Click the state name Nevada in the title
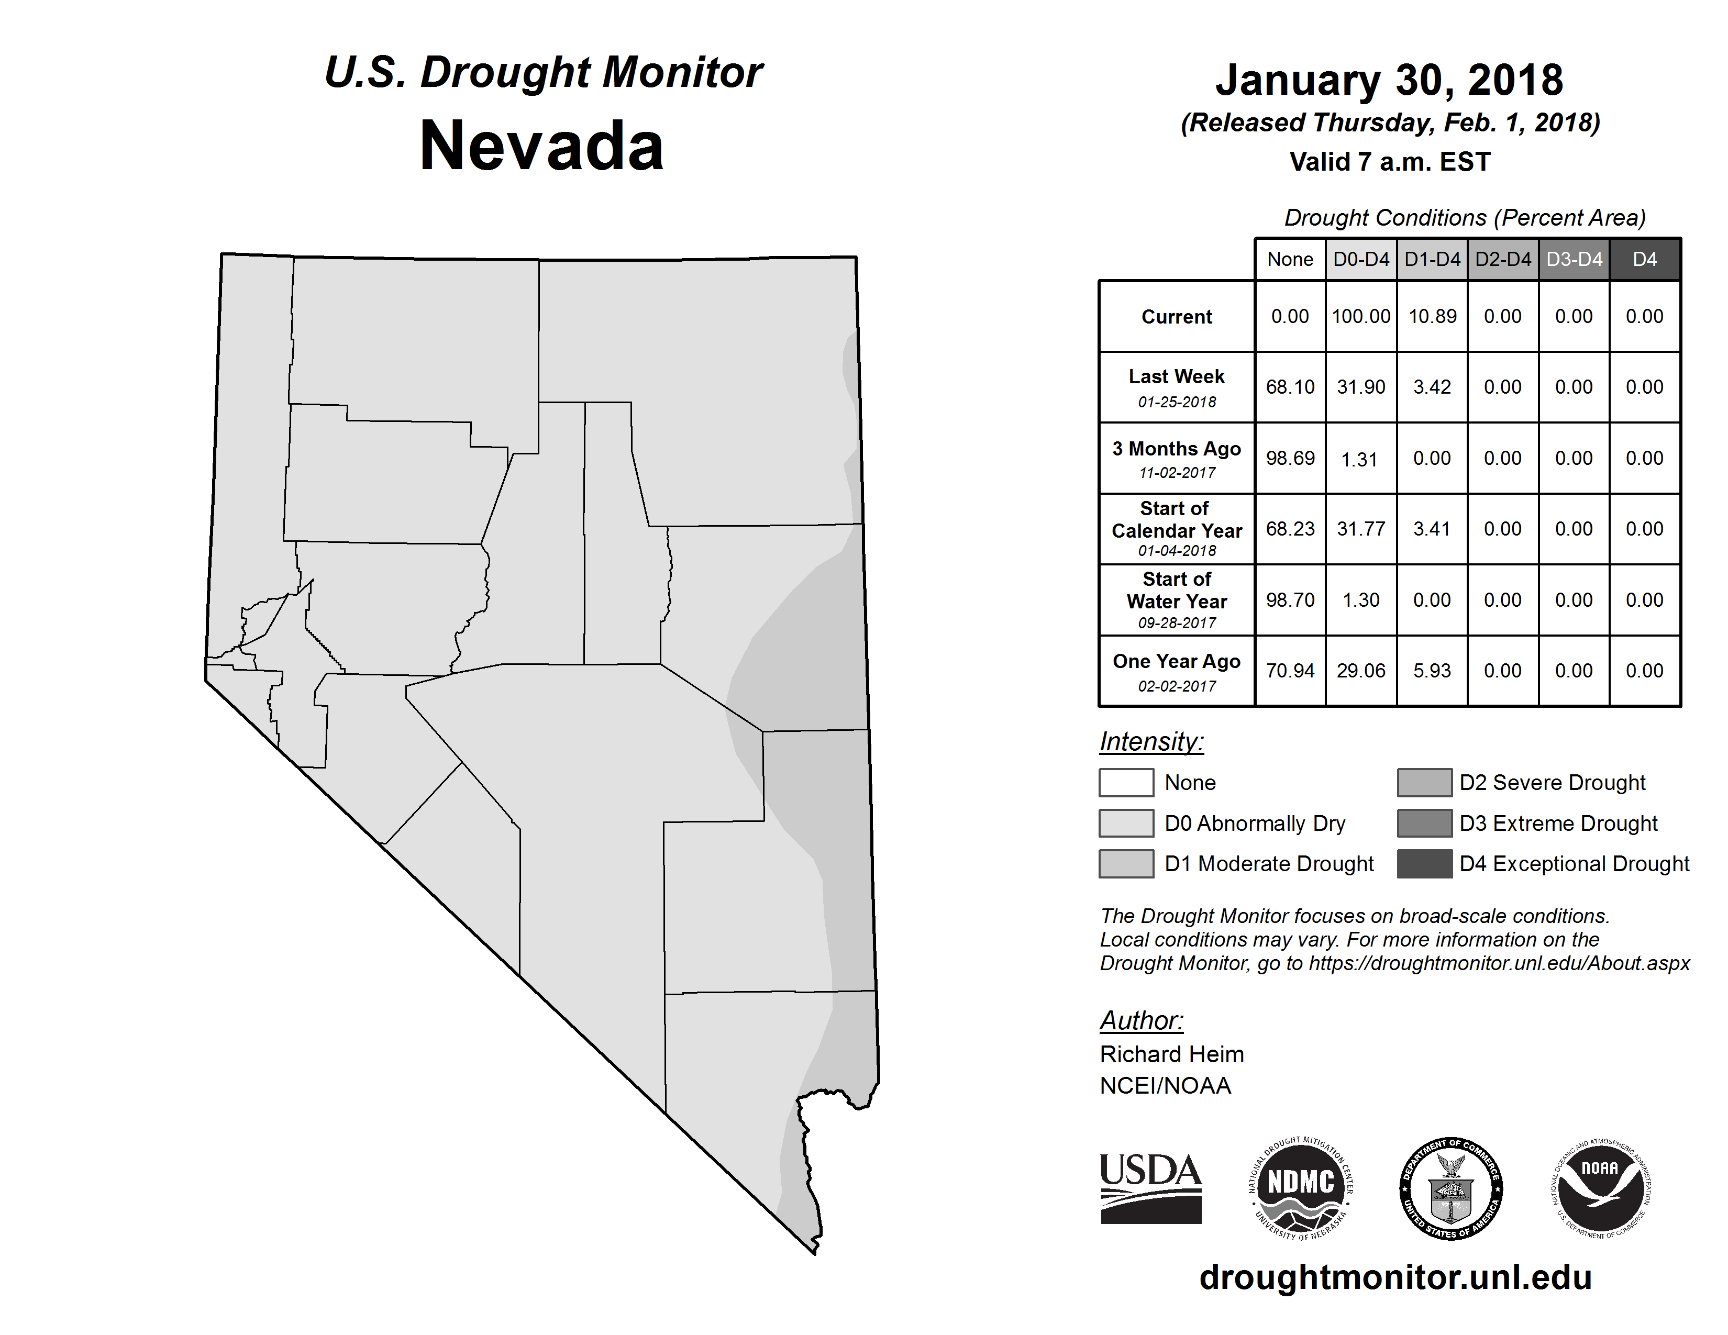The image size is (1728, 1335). coord(541,146)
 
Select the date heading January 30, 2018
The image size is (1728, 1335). coord(1389,81)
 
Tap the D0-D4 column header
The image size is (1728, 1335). coord(1361,259)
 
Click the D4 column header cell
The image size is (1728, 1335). coord(1644,259)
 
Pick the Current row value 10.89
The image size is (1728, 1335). coord(1432,316)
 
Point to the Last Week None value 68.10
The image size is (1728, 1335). coord(1290,387)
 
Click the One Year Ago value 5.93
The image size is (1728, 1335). coord(1432,671)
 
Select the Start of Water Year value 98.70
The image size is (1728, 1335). coord(1290,600)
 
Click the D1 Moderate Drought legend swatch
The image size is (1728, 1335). coord(1126,864)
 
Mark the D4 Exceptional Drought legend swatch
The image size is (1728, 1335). coord(1424,864)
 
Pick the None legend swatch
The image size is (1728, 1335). coord(1126,782)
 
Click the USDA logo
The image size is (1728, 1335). coord(1150,1188)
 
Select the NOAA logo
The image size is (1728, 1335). coord(1601,1188)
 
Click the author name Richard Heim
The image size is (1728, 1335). coord(1172,1054)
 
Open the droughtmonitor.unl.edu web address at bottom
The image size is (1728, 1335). coord(1395,1278)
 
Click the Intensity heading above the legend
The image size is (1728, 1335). coord(1151,742)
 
